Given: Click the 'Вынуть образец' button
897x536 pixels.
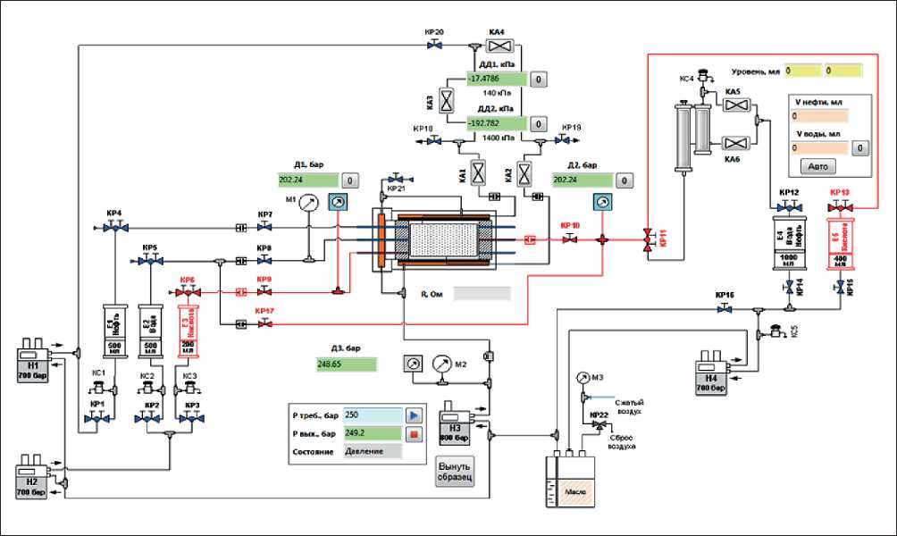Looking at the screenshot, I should click(454, 471).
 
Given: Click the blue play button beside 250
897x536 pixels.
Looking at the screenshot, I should click(414, 415).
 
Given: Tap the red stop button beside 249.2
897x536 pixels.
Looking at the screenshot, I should click(414, 434).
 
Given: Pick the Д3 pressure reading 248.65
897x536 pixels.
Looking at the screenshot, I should click(347, 364).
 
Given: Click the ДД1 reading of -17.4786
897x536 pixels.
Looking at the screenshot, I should click(497, 79).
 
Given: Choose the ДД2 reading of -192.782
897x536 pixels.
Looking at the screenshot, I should click(497, 122).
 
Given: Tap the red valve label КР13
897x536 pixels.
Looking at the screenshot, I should click(841, 192).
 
